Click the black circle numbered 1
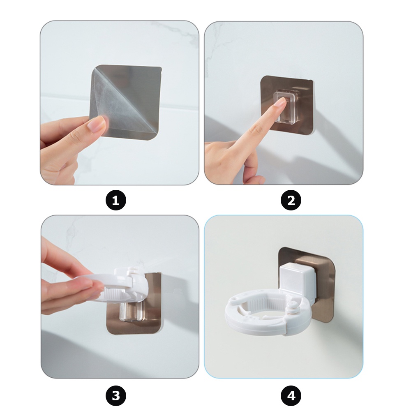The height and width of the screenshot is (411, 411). coord(115,200)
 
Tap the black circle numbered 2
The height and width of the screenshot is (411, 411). coord(291,200)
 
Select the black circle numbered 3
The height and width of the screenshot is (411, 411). coord(115,395)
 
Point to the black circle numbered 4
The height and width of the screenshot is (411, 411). coord(291,395)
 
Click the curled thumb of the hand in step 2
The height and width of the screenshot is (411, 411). coord(252,168)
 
